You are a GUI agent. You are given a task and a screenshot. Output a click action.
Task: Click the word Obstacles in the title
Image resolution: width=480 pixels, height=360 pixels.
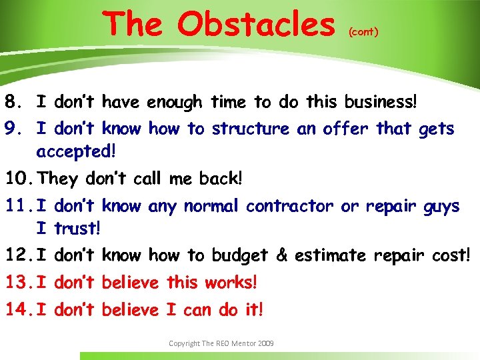[256, 24]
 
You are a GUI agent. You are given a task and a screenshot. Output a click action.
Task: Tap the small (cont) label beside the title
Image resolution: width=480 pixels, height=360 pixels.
[363, 31]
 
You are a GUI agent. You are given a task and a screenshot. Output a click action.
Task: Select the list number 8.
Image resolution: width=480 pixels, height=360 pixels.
[12, 103]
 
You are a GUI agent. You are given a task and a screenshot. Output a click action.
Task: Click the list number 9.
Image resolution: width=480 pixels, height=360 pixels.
[12, 129]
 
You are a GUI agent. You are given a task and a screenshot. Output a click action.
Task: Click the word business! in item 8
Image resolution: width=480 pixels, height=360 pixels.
[381, 103]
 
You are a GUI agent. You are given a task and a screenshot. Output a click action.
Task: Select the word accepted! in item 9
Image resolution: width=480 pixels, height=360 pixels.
[76, 151]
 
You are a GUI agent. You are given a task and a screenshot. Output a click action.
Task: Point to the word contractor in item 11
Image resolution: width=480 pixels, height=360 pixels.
[289, 207]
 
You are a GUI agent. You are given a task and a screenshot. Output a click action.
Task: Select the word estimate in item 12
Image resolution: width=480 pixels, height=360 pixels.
[330, 255]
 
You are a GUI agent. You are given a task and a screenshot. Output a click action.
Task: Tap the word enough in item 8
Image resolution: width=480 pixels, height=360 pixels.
[174, 103]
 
